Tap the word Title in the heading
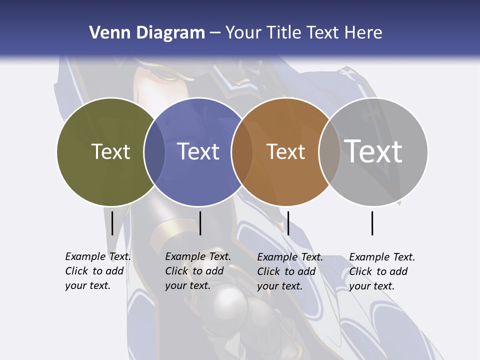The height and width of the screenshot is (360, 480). [283, 33]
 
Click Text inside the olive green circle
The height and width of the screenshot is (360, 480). [110, 151]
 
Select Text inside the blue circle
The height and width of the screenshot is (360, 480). [198, 151]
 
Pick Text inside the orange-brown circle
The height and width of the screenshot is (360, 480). [285, 151]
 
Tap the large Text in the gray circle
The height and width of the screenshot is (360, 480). [373, 151]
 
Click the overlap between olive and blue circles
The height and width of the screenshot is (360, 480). [154, 152]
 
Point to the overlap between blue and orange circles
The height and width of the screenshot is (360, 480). [242, 152]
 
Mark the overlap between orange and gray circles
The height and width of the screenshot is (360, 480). [329, 152]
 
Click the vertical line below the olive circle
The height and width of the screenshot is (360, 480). [112, 223]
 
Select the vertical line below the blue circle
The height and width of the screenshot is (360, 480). [200, 223]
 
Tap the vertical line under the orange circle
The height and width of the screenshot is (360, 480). [288, 223]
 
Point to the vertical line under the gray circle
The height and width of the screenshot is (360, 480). [372, 223]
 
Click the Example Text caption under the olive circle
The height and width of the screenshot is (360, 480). [97, 271]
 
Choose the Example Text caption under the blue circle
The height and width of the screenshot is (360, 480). [197, 271]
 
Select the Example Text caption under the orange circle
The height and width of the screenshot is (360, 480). [289, 271]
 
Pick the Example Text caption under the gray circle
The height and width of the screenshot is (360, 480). [381, 271]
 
